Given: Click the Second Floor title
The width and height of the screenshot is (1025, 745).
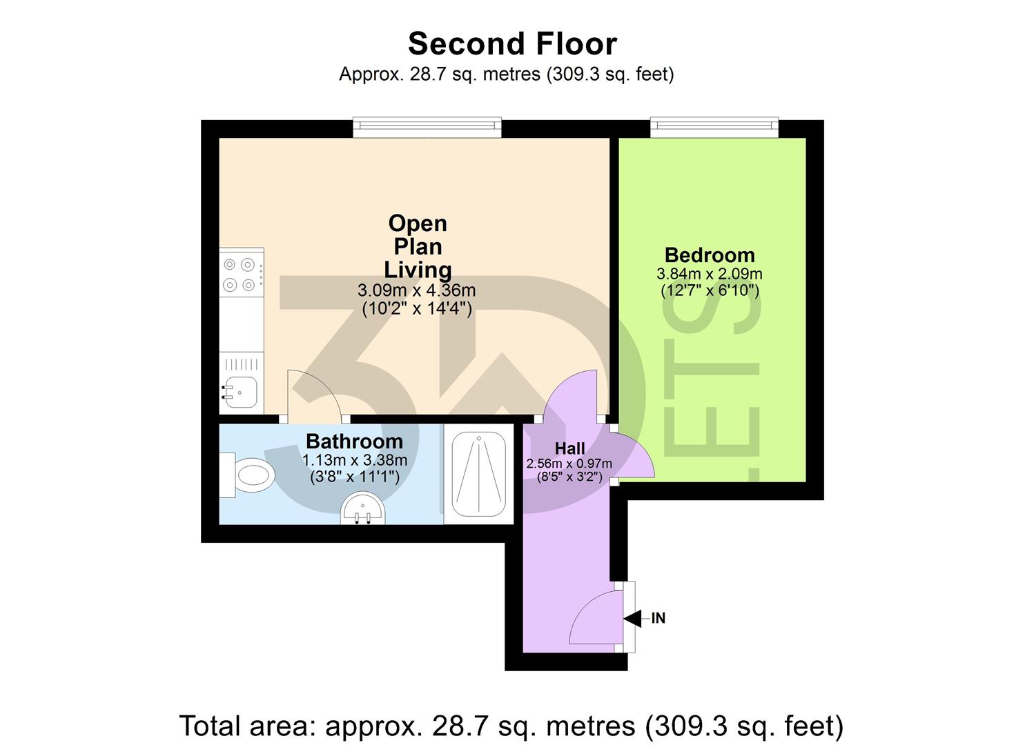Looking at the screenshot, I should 512,44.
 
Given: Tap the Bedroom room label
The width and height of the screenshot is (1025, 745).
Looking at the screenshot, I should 709,255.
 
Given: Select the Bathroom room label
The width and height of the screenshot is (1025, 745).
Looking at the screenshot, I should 354,441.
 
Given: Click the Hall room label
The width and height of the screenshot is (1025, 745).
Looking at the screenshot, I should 569,448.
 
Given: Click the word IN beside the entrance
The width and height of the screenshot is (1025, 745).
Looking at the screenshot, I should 658,618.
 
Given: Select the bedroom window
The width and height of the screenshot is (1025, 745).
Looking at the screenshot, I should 714,126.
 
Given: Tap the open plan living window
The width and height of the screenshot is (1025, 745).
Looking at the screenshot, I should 427,126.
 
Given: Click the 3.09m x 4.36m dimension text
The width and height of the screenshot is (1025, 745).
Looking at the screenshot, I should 416,290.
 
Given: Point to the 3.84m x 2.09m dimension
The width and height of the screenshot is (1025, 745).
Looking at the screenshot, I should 709,274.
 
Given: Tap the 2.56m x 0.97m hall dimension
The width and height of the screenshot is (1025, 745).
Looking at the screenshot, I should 569,464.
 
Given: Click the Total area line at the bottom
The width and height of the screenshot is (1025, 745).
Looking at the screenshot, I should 511,726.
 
